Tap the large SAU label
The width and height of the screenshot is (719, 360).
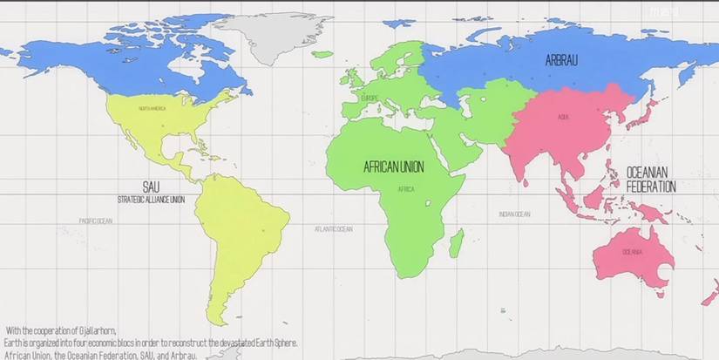[x=151, y=187]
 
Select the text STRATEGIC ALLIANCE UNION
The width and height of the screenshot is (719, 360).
[x=151, y=200]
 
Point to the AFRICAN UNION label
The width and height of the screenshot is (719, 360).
[x=399, y=165]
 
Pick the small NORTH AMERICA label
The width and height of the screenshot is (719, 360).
[x=152, y=108]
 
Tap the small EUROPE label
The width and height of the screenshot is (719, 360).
[x=370, y=98]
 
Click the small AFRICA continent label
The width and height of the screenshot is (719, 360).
[x=406, y=189]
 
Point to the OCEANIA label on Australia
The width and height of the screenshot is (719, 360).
[x=632, y=252]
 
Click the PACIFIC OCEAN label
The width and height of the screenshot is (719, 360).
[x=95, y=221]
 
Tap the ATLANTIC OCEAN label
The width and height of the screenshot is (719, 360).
[x=334, y=229]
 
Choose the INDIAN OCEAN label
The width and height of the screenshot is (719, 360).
[x=514, y=214]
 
